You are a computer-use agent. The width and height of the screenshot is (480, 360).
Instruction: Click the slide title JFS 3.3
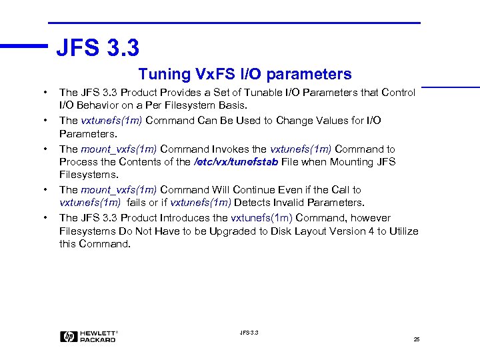97,48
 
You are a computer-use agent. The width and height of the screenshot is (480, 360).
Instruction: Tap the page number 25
416,339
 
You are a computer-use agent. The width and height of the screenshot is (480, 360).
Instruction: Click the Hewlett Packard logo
89,337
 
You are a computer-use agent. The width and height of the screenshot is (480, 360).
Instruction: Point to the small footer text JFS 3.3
249,332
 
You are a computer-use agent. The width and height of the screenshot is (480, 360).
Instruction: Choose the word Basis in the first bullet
231,105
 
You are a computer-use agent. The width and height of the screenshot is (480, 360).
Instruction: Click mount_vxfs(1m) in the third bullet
119,149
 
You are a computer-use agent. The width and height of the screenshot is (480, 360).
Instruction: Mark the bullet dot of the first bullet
45,93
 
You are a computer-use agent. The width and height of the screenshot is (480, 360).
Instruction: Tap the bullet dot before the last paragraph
45,218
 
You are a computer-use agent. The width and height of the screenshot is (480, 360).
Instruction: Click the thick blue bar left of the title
24,46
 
